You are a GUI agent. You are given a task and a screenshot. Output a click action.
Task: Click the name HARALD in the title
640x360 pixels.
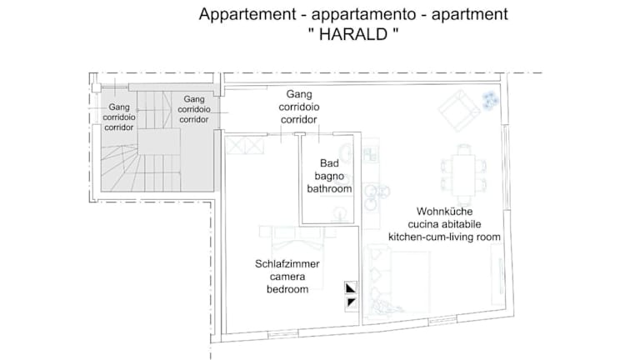[353, 34]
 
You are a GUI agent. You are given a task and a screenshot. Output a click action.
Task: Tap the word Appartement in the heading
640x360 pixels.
[247, 14]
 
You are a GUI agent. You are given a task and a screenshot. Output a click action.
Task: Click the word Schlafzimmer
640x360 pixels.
[287, 263]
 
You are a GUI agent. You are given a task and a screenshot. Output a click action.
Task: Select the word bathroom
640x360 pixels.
[329, 188]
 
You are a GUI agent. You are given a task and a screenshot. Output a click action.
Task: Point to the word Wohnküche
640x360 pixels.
[444, 212]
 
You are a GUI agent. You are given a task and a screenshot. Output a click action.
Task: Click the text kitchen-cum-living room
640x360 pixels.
[444, 237]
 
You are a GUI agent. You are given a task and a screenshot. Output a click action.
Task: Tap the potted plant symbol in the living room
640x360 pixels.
[490, 100]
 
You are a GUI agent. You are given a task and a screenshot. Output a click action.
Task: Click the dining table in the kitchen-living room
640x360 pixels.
[464, 175]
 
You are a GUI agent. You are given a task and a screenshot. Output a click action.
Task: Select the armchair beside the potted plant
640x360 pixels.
[460, 110]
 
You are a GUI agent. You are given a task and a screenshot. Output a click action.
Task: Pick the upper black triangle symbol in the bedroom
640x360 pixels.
[351, 288]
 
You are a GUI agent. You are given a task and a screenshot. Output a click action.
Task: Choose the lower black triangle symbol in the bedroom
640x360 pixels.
[351, 303]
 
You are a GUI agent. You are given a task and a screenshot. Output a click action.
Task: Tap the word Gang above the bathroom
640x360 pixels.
[299, 94]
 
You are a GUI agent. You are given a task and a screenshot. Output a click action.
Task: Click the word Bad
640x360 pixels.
[329, 163]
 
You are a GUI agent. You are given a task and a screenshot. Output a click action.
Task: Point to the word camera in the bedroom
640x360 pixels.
[287, 277]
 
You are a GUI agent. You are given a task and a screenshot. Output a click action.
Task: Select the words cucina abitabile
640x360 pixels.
[444, 224]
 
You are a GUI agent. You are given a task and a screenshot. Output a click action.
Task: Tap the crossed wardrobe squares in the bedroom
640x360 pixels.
[245, 146]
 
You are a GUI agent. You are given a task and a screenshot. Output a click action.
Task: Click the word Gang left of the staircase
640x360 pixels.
[119, 107]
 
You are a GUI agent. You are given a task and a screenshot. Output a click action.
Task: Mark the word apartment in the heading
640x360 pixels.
[469, 14]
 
